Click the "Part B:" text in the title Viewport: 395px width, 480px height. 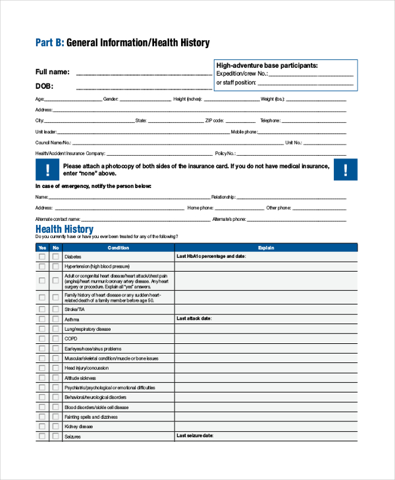point(49,43)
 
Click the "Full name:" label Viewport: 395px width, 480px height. point(52,72)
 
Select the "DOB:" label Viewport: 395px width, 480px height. point(44,86)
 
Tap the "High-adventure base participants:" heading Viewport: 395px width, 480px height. point(267,66)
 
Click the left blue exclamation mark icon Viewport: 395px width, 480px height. point(47,170)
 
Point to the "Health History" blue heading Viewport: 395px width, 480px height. point(64,229)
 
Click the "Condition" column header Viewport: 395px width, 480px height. point(118,248)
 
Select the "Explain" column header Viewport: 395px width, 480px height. point(266,248)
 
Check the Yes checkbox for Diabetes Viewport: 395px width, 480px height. point(42,256)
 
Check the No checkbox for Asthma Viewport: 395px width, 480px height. point(55,319)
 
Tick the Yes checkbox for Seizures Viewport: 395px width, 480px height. point(42,436)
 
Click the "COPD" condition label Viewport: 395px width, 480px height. point(70,338)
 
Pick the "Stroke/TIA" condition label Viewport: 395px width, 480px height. point(74,308)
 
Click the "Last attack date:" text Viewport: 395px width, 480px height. point(194,318)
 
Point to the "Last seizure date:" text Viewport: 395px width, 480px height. point(196,435)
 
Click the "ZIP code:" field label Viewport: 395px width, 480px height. point(215,121)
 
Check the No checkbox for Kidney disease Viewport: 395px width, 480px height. point(55,426)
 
